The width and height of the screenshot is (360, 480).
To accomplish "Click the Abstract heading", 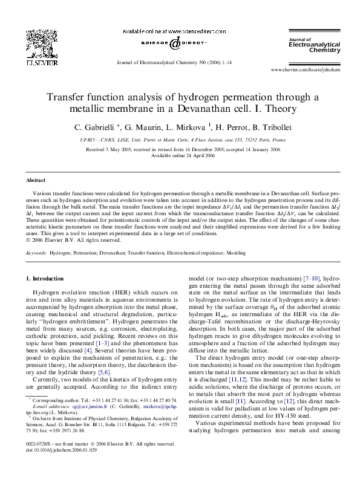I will point(36,180).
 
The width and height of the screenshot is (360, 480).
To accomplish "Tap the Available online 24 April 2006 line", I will point(180,154).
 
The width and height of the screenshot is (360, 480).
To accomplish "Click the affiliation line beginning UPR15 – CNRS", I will point(180,139).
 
